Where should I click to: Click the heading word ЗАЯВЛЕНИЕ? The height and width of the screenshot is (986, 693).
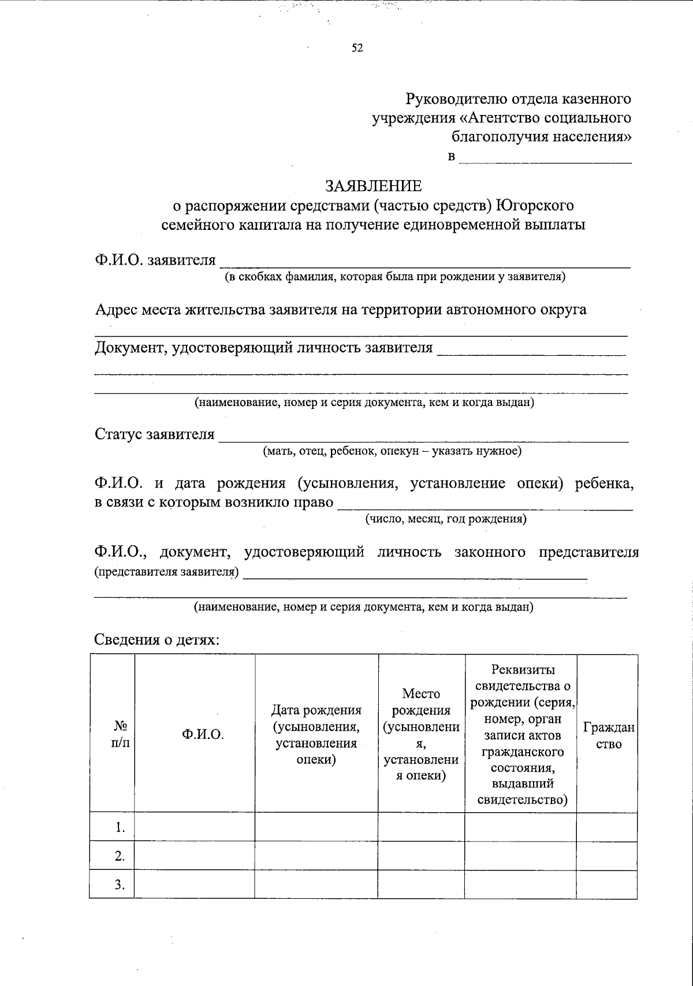374,186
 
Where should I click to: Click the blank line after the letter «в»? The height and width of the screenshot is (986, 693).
545,157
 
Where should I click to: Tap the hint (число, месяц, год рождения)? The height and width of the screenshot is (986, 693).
445,519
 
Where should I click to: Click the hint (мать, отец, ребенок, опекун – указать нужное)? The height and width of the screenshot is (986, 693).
392,451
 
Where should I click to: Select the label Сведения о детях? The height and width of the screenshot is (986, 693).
157,640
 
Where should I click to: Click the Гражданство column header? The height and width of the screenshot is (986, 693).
608,735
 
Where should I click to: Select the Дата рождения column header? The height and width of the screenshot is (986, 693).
316,734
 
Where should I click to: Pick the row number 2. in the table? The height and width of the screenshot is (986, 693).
120,856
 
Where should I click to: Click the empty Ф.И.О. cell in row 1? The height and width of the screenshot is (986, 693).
195,827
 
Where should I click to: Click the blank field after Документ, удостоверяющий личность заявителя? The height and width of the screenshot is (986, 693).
531,349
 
